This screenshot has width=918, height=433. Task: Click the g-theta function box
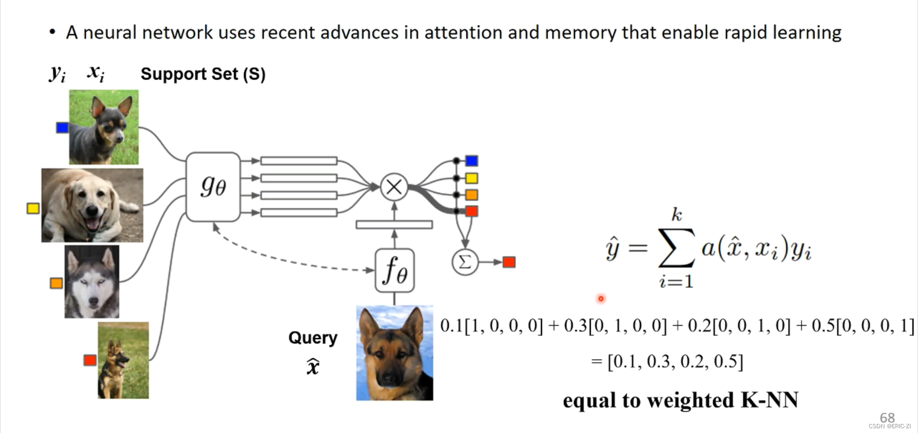click(213, 187)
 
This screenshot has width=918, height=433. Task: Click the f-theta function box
click(394, 271)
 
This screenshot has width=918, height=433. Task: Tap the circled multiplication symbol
click(394, 186)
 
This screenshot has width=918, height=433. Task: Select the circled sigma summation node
click(465, 262)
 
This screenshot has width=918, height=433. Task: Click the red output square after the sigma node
click(509, 262)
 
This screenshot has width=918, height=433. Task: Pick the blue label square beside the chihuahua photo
click(62, 128)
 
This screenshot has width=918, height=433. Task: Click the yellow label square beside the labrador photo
click(33, 208)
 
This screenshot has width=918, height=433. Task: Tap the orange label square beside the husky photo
click(56, 283)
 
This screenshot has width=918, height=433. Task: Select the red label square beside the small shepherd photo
click(90, 360)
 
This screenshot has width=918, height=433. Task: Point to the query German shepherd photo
click(394, 353)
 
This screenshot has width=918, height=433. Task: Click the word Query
click(313, 338)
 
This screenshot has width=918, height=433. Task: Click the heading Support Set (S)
click(203, 74)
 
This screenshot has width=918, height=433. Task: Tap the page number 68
click(887, 417)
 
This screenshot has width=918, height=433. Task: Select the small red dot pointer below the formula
click(601, 299)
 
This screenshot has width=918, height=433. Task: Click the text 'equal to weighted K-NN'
click(680, 400)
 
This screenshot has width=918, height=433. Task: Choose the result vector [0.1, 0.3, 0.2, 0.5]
click(675, 362)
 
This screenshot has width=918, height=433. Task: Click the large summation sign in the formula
click(676, 248)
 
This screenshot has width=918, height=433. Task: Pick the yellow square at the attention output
click(471, 178)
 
